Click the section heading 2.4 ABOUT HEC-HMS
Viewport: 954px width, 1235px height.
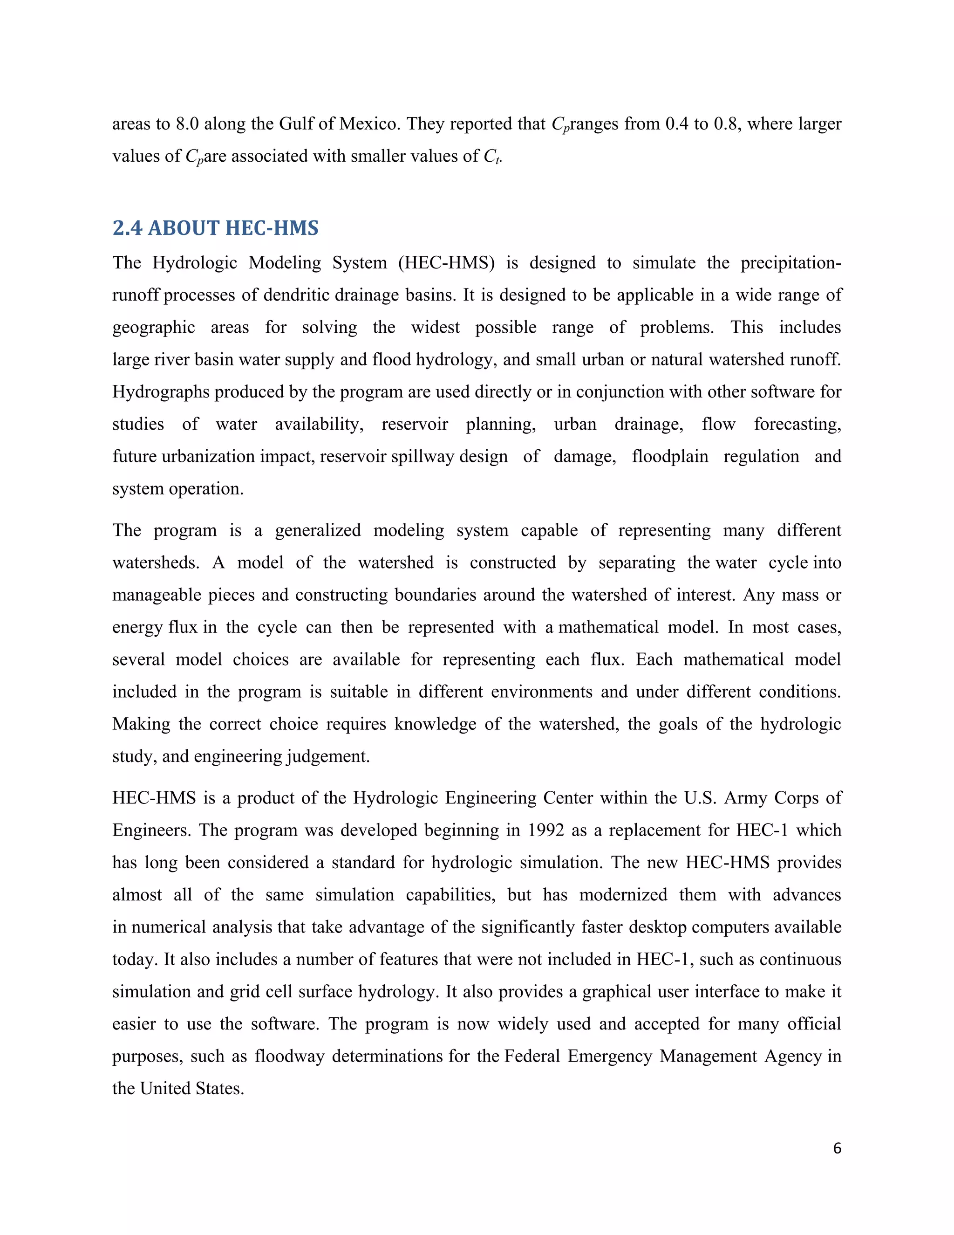click(x=215, y=228)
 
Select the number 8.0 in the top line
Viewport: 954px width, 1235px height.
click(x=187, y=123)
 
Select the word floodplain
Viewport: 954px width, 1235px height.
click(x=670, y=456)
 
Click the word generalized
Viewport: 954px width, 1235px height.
click(x=318, y=530)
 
